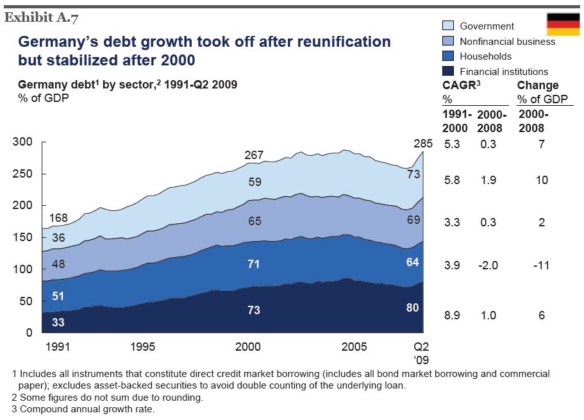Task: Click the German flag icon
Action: click(563, 24)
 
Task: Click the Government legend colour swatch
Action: click(449, 26)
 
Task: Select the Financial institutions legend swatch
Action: click(449, 71)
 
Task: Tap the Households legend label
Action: click(486, 56)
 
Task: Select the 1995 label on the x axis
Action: click(142, 347)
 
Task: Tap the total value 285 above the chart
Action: click(424, 143)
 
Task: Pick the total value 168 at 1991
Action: click(58, 219)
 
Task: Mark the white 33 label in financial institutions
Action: click(58, 323)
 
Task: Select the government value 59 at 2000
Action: click(254, 182)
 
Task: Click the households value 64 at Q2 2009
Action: click(412, 262)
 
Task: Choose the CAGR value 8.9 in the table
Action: click(452, 315)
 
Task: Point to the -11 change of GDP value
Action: click(542, 265)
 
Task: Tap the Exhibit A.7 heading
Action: click(41, 17)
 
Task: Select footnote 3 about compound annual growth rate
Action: click(83, 409)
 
